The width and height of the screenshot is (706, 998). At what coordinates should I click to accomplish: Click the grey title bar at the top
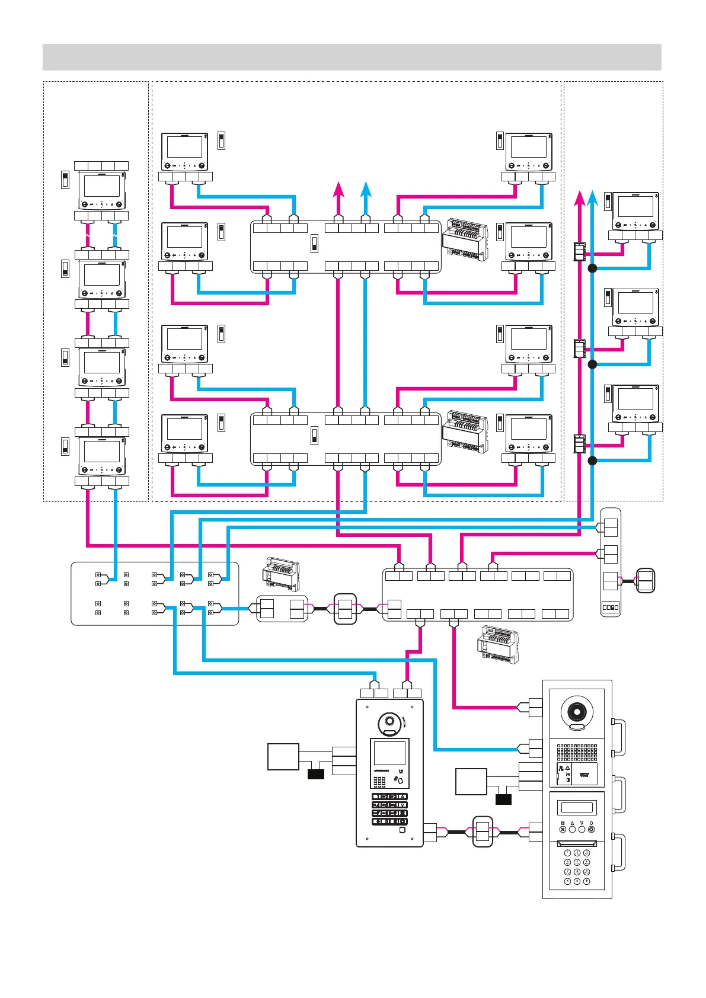pyautogui.click(x=352, y=57)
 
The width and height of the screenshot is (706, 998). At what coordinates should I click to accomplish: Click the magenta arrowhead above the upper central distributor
pyautogui.click(x=338, y=188)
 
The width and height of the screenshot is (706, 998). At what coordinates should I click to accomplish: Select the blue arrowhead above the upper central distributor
pyautogui.click(x=366, y=188)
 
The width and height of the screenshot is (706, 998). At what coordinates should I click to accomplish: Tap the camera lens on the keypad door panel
pyautogui.click(x=389, y=722)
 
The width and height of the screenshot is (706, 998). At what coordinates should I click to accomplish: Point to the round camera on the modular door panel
pyautogui.click(x=577, y=711)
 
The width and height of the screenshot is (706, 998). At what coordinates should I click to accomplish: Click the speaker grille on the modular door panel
pyautogui.click(x=577, y=753)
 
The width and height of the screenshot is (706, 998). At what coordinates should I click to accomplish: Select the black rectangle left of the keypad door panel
pyautogui.click(x=316, y=774)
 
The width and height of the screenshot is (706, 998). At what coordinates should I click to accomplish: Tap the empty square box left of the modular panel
pyautogui.click(x=471, y=782)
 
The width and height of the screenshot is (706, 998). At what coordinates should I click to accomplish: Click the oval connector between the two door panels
pyautogui.click(x=483, y=832)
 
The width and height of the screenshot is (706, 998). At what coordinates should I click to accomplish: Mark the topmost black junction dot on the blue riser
pyautogui.click(x=592, y=268)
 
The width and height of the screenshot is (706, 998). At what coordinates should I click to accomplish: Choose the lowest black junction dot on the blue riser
pyautogui.click(x=592, y=460)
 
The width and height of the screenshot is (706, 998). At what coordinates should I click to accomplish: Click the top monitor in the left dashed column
pyautogui.click(x=102, y=190)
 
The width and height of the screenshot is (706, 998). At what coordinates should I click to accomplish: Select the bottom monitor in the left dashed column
pyautogui.click(x=102, y=456)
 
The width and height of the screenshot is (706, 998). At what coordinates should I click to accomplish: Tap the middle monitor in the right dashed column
pyautogui.click(x=635, y=307)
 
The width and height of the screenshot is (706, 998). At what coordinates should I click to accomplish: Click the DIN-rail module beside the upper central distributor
pyautogui.click(x=465, y=239)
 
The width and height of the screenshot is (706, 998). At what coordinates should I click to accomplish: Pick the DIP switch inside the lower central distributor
pyautogui.click(x=314, y=436)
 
